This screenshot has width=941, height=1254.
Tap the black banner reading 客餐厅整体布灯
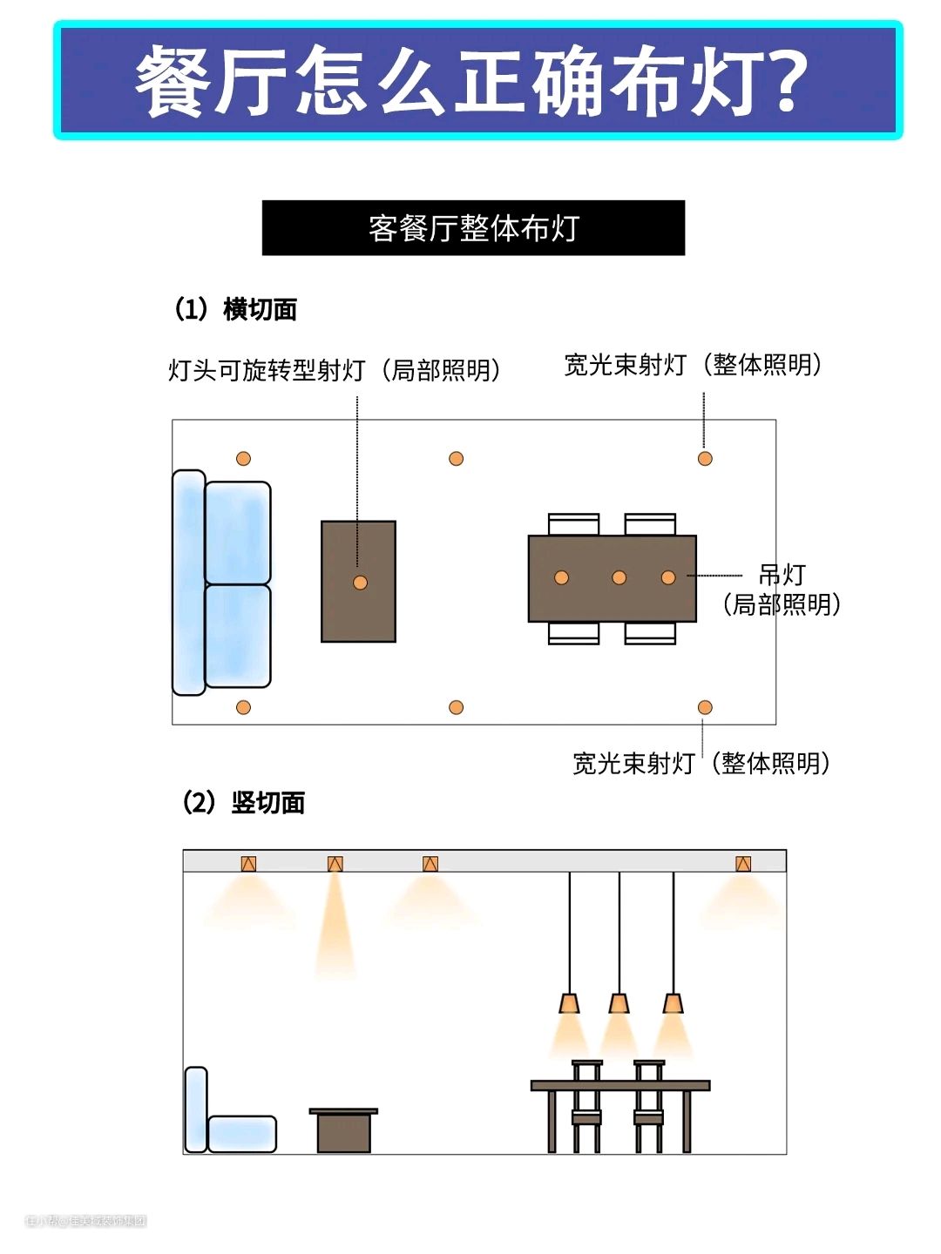[473, 228]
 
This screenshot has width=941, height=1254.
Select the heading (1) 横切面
[236, 309]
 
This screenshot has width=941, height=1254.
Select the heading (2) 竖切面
[244, 802]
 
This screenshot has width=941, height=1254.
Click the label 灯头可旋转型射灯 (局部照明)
[335, 370]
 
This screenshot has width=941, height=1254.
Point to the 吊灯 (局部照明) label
[782, 590]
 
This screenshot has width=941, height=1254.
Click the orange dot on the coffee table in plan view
[360, 583]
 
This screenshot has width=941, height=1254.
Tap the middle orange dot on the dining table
[619, 577]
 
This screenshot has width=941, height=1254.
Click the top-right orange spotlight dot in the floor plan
[705, 458]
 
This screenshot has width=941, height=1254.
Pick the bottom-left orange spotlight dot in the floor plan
[243, 707]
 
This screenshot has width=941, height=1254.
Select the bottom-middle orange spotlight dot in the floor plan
[456, 707]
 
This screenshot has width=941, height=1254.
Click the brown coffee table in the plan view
[358, 549]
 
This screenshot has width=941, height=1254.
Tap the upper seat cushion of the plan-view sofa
[238, 532]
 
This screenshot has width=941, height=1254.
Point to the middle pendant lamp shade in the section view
[619, 1003]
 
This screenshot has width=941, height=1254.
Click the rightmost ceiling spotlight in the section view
[742, 864]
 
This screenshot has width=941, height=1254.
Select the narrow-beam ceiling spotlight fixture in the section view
[335, 864]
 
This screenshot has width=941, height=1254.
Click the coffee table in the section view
[343, 1131]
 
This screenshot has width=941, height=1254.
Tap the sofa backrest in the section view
[196, 1109]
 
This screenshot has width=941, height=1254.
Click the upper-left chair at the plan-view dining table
[573, 524]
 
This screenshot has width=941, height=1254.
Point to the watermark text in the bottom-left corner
[85, 1221]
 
